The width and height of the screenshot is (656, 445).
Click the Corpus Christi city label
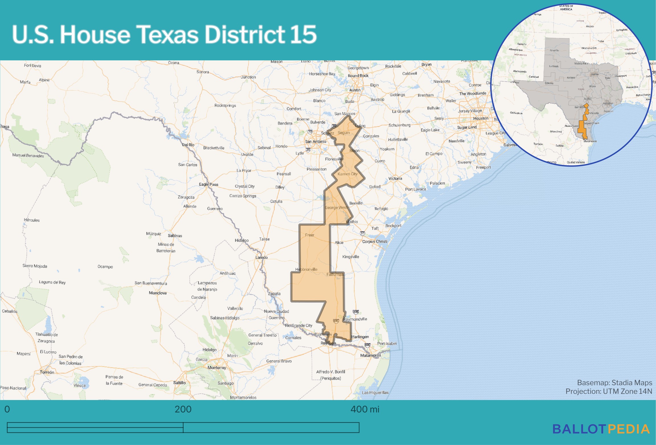pos(374,241)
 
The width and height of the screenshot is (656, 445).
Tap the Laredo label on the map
pos(261,257)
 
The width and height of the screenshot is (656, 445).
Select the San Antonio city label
pos(315,142)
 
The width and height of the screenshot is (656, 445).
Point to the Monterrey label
pos(217,368)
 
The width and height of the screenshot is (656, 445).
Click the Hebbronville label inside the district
pos(306,269)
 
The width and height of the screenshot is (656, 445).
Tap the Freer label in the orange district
pos(309,235)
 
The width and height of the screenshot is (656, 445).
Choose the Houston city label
pos(480,118)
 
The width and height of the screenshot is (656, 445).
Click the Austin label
pos(355,90)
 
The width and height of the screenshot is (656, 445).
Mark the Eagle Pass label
pos(208,184)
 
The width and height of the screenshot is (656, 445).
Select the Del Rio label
pos(188,145)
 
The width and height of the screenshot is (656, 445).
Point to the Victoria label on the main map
pos(395,179)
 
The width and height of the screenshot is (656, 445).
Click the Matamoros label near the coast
pos(370,355)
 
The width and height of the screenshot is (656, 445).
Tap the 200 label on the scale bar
pos(183,409)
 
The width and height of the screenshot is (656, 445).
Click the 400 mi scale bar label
pos(365,409)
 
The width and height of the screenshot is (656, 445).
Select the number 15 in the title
pos(303,35)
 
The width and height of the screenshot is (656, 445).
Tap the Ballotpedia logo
pos(601,429)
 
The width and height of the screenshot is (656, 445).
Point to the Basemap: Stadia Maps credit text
pos(614,383)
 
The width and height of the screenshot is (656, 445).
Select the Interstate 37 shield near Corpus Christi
pos(362,233)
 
